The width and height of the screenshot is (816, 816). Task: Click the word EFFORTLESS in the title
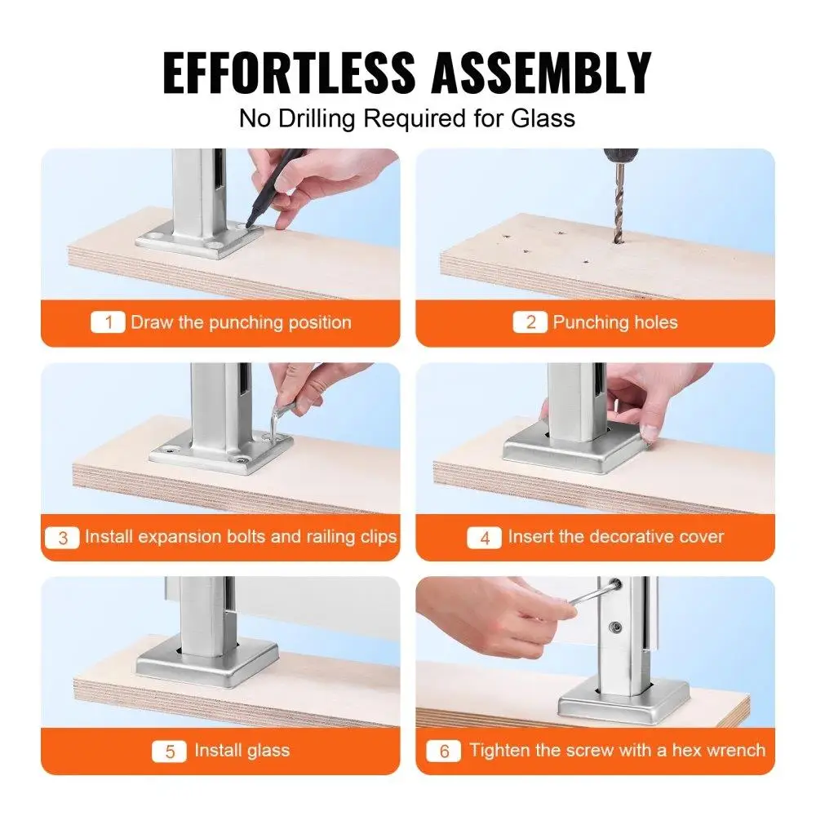pos(290,73)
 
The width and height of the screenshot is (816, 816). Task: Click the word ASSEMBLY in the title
pos(541,73)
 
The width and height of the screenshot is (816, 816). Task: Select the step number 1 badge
pos(108,322)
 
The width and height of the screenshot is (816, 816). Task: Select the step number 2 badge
pos(530,322)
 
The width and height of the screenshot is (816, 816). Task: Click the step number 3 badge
pos(63,538)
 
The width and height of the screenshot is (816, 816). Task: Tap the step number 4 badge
pos(484,538)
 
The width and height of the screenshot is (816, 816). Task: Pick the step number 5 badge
pos(170,751)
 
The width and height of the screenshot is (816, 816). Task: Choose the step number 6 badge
pos(444,751)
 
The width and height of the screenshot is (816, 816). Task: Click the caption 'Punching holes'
pos(614,322)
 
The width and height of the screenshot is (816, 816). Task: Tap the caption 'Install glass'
pos(242,751)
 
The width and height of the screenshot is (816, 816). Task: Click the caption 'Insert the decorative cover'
pos(615,538)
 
